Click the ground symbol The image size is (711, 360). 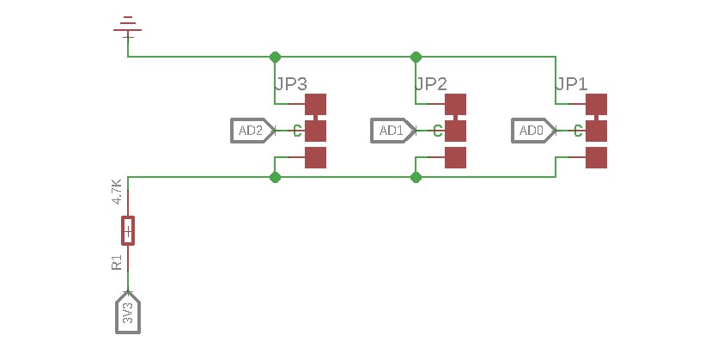(127, 28)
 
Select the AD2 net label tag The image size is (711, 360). (253, 131)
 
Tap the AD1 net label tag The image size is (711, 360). (393, 131)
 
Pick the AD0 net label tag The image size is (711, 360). (534, 131)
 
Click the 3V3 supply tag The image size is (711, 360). (128, 313)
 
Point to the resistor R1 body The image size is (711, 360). (128, 231)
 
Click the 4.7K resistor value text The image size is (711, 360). (117, 192)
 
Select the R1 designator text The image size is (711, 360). (117, 262)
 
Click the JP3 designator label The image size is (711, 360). (290, 84)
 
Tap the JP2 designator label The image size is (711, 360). (431, 84)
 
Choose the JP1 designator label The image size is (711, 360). (572, 84)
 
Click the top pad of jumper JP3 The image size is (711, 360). (316, 104)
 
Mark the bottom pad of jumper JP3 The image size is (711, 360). (316, 157)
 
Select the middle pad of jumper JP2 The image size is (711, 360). (456, 131)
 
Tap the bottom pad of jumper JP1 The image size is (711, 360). (596, 157)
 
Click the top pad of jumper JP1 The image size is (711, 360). (596, 104)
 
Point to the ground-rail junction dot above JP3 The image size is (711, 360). (275, 57)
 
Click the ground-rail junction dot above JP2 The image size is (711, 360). (416, 57)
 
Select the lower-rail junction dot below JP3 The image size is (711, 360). (275, 177)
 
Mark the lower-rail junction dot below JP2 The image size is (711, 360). (416, 177)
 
